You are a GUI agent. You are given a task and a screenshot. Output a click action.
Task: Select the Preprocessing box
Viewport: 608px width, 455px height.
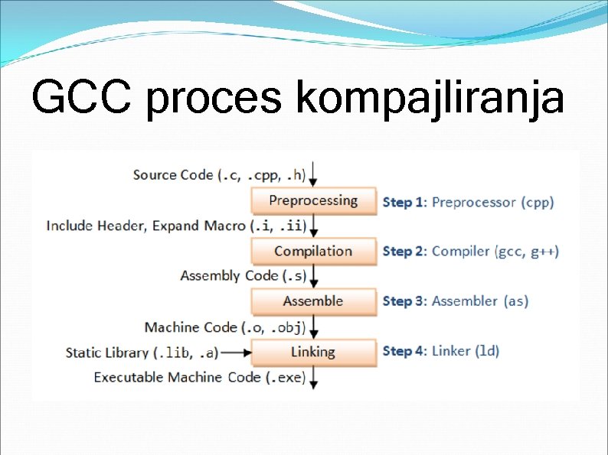(313, 201)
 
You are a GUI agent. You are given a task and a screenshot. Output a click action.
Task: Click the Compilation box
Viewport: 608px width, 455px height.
(313, 252)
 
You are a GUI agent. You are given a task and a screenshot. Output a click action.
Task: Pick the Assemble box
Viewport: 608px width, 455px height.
(313, 301)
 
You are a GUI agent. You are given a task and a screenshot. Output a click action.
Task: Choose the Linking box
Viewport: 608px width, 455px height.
(313, 352)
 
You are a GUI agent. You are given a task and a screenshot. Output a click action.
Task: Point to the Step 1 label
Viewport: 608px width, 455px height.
(404, 203)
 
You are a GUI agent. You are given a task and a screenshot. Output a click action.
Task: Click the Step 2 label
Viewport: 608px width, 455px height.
(404, 252)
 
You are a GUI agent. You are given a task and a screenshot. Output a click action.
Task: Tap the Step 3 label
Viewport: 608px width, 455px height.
(404, 301)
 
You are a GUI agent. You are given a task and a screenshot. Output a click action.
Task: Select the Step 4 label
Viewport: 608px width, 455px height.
(404, 351)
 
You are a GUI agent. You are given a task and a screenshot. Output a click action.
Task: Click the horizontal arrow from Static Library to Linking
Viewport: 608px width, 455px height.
(236, 353)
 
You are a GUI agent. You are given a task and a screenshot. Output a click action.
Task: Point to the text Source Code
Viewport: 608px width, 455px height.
(173, 175)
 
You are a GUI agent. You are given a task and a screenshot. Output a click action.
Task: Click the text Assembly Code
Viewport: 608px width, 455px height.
(218, 276)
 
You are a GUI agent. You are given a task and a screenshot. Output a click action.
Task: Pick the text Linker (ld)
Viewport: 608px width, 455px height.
(466, 351)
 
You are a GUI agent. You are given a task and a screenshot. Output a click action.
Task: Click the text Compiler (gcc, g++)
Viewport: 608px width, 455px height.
(495, 252)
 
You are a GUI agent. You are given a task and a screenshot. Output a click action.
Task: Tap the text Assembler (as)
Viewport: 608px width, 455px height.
(480, 301)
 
